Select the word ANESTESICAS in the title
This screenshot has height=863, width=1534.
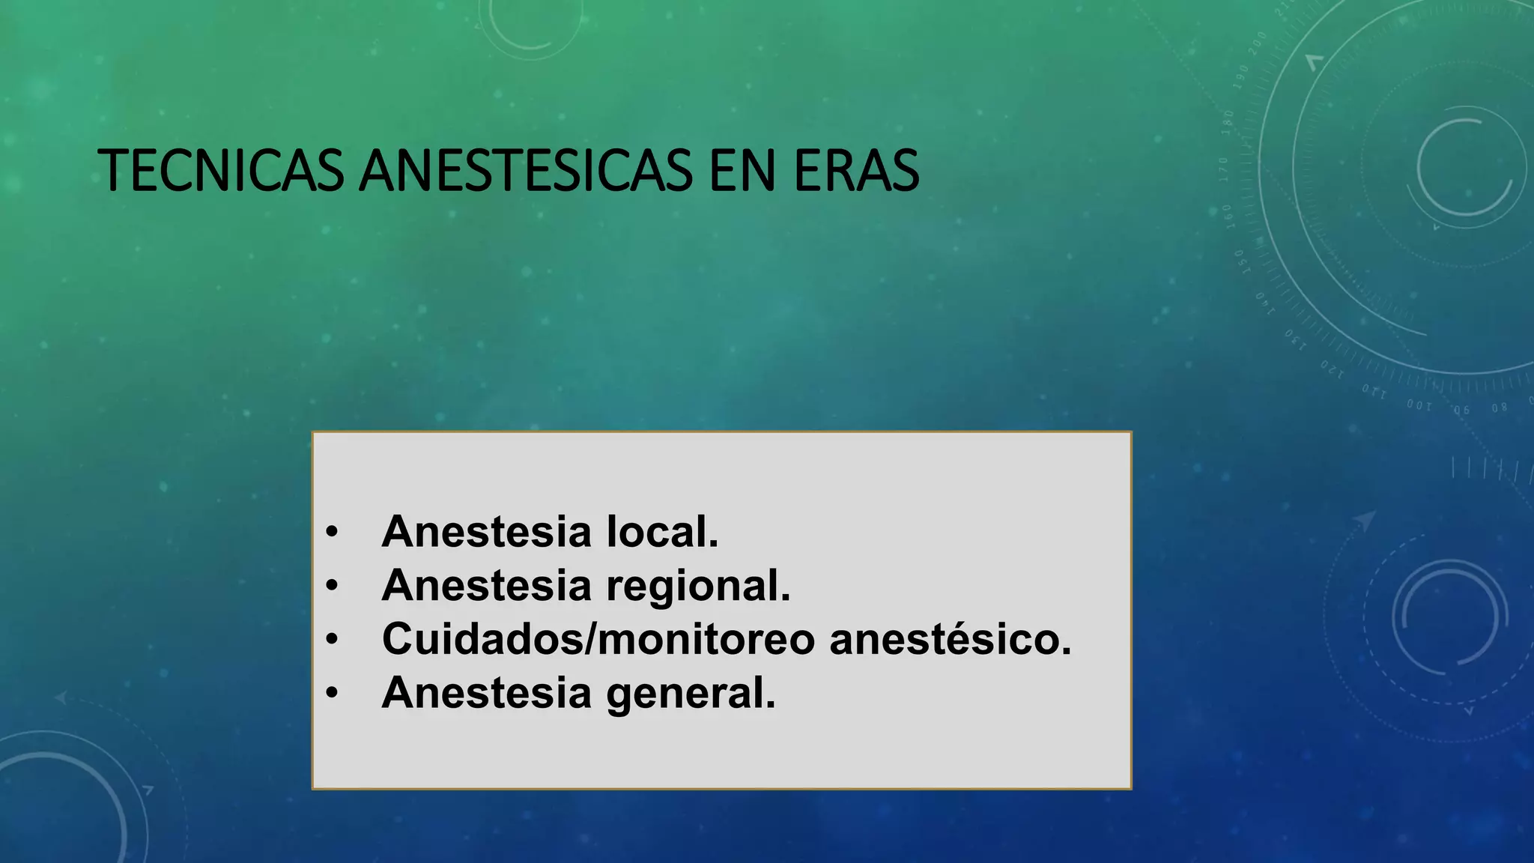click(526, 171)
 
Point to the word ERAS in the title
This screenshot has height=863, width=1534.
click(856, 171)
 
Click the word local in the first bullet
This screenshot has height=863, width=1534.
click(662, 532)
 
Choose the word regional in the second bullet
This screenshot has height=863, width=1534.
click(698, 587)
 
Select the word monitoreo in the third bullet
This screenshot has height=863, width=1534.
click(706, 640)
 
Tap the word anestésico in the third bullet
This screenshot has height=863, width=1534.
click(951, 640)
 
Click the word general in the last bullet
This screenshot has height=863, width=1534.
click(691, 694)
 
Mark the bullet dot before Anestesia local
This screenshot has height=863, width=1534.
click(332, 533)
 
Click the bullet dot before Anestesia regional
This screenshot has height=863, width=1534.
click(332, 586)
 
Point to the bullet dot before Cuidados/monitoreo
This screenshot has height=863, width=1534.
click(332, 640)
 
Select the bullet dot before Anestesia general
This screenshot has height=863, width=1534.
click(332, 694)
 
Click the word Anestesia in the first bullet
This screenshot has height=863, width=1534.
click(487, 532)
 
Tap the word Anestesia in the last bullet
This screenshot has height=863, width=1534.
click(487, 694)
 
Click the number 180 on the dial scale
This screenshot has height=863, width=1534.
click(1228, 121)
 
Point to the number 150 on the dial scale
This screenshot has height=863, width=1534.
click(1240, 261)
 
